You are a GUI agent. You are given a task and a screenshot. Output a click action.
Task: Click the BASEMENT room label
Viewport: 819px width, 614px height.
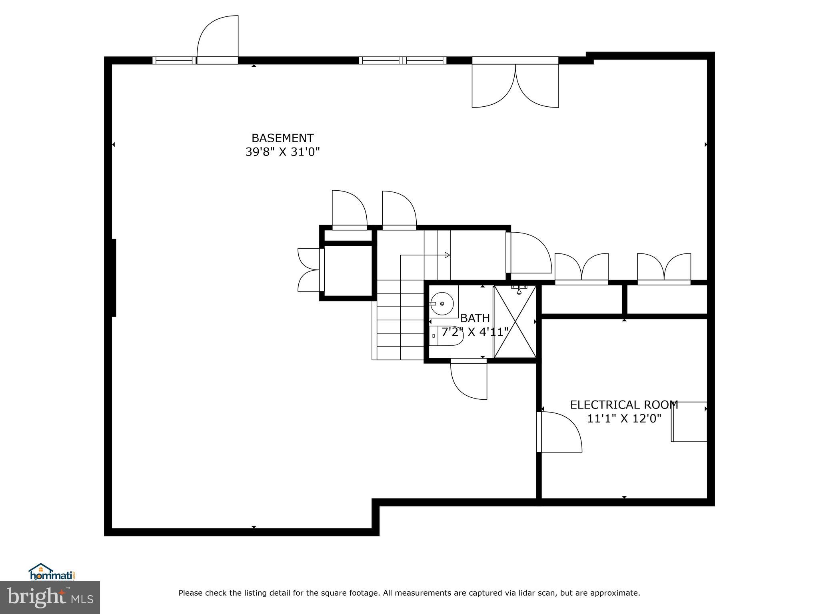pyautogui.click(x=282, y=138)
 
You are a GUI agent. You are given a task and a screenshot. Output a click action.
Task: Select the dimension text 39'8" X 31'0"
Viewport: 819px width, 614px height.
pyautogui.click(x=282, y=152)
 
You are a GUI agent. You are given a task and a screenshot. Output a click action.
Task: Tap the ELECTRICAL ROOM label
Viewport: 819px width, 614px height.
pyautogui.click(x=623, y=405)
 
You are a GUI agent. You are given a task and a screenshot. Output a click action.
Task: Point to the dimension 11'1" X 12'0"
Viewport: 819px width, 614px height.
pyautogui.click(x=623, y=419)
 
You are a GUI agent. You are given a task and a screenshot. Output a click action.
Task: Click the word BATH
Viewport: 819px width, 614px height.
pyautogui.click(x=475, y=318)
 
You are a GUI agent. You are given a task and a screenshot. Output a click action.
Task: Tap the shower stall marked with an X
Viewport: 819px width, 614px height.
pyautogui.click(x=515, y=322)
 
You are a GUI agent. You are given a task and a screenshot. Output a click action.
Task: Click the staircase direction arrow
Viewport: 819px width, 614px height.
pyautogui.click(x=447, y=255)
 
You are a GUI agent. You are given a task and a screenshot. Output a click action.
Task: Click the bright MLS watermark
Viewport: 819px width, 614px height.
pyautogui.click(x=50, y=597)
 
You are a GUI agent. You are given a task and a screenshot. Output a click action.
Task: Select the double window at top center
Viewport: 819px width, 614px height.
pyautogui.click(x=402, y=60)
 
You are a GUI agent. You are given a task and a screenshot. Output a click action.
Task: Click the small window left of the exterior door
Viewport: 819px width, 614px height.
pyautogui.click(x=174, y=60)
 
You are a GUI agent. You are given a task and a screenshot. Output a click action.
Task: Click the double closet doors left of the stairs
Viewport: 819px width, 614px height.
pyautogui.click(x=309, y=270)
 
